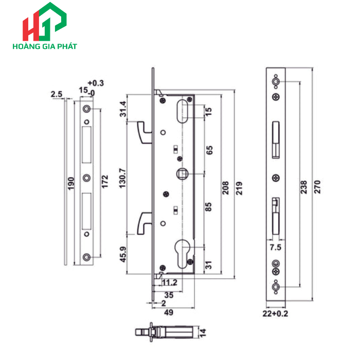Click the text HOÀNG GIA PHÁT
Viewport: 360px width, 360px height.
[44, 46]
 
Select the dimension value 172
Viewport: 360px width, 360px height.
[105, 181]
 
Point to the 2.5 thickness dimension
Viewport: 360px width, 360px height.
[57, 94]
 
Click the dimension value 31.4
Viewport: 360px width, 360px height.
[122, 110]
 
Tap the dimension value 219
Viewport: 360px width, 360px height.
[239, 186]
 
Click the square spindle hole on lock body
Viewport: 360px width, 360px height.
[182, 174]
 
